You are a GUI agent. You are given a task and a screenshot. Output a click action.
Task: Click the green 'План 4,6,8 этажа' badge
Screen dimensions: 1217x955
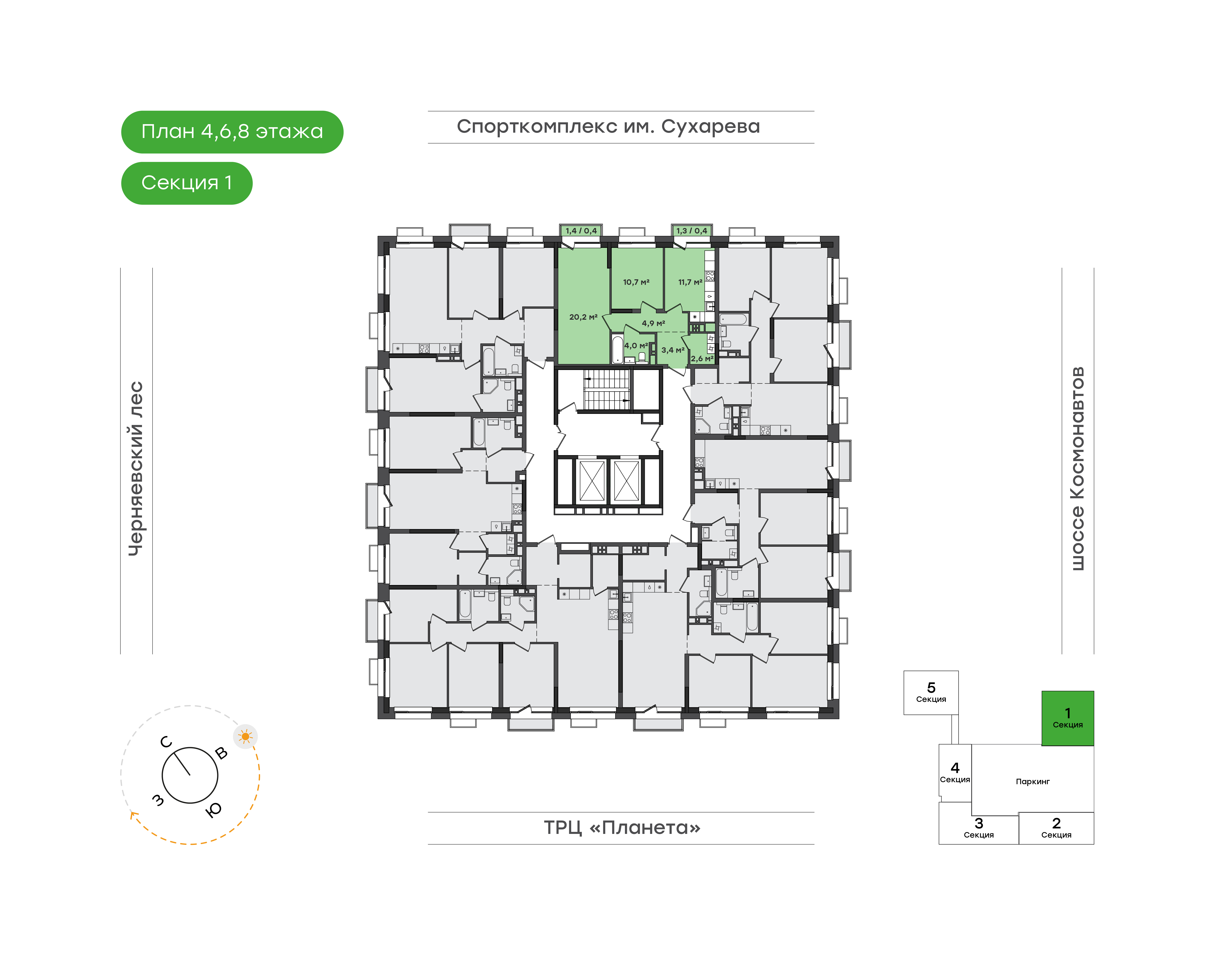(x=232, y=132)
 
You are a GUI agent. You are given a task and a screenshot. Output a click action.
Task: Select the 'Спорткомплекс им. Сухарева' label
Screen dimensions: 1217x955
(x=608, y=127)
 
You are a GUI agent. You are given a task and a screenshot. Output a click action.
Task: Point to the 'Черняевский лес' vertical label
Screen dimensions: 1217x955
(x=136, y=469)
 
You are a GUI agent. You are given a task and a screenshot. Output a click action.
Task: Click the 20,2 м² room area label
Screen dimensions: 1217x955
(x=583, y=317)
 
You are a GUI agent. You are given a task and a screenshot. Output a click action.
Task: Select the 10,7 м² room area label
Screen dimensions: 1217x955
(x=636, y=282)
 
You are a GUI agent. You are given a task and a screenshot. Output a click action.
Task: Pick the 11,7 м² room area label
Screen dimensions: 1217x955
(x=690, y=282)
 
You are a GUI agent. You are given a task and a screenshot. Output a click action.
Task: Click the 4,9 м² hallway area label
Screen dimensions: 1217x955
(x=653, y=323)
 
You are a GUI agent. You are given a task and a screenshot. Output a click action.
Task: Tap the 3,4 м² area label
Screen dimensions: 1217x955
(x=673, y=350)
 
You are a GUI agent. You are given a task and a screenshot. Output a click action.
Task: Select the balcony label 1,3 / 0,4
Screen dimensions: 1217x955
(x=691, y=230)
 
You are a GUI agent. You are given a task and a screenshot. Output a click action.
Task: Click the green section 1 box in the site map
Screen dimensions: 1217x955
(x=1067, y=718)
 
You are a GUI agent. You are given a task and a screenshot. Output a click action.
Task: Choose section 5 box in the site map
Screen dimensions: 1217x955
(x=931, y=693)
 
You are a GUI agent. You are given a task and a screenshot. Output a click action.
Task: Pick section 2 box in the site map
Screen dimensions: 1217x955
(x=1056, y=828)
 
